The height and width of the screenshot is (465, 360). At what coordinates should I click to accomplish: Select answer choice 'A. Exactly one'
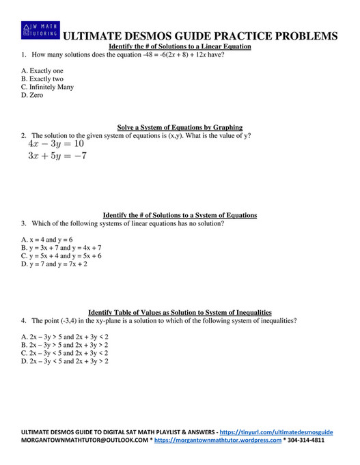(x=42, y=70)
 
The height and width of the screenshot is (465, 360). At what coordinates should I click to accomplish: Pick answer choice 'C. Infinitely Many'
(x=47, y=87)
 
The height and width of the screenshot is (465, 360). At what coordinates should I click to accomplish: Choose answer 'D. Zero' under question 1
(x=32, y=95)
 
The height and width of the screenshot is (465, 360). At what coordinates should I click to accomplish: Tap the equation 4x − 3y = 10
(x=56, y=145)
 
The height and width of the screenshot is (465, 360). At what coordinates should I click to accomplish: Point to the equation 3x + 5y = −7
(x=57, y=156)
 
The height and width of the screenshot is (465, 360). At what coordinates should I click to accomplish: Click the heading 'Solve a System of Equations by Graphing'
(x=180, y=127)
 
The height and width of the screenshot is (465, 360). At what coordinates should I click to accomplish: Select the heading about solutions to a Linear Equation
(x=180, y=46)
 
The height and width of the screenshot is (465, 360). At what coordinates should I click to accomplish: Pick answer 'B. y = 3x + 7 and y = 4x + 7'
(x=61, y=248)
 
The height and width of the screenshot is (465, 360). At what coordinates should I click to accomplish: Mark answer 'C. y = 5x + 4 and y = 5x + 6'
(x=61, y=256)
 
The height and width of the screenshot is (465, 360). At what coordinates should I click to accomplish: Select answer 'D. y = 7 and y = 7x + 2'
(x=54, y=264)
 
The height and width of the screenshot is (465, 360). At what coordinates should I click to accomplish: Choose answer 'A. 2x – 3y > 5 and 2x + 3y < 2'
(x=65, y=337)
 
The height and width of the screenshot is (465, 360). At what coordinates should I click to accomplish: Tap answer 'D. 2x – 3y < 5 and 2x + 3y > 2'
(x=65, y=361)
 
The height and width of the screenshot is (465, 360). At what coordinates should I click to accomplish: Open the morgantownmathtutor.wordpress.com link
(x=218, y=441)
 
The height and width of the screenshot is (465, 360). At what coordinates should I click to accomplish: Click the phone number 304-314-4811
(x=306, y=441)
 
